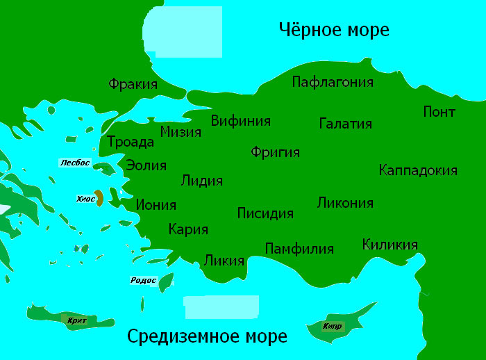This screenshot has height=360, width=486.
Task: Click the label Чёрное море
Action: point(333,30)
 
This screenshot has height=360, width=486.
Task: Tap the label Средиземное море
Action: point(207,337)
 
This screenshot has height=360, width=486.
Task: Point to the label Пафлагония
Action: point(333,82)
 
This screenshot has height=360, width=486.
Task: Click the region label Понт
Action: point(439,112)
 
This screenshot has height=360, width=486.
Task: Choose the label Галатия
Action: point(346,124)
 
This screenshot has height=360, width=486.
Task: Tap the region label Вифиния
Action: point(240,120)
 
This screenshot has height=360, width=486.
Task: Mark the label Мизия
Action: point(181,131)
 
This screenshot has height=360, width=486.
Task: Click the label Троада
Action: point(130,142)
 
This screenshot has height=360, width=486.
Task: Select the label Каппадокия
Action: point(418,170)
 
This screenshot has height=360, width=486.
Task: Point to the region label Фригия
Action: point(275,152)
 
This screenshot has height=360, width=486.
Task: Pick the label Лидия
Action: point(201,181)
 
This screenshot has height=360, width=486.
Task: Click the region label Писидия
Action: point(265,213)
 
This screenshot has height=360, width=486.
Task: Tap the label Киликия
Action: point(389,245)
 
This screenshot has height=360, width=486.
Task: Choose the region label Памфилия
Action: point(299,248)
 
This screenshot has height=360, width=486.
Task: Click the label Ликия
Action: point(224,261)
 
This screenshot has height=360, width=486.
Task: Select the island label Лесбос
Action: point(75,163)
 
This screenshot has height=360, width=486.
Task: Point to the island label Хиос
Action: point(85,199)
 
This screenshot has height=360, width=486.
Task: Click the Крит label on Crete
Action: point(78,320)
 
